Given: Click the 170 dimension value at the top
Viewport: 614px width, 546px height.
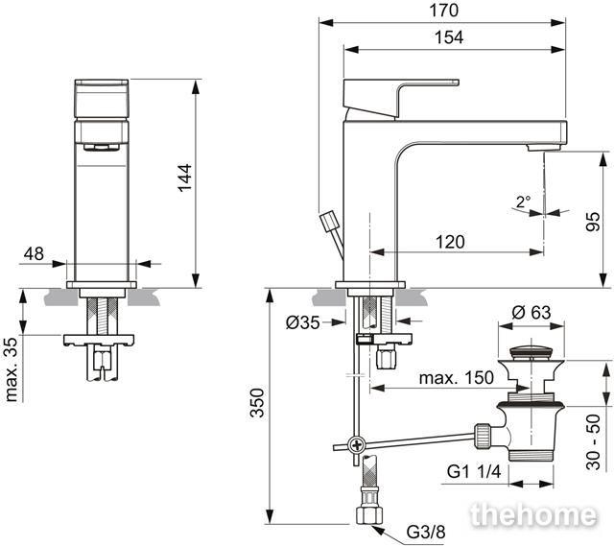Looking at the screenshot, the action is click(443, 11).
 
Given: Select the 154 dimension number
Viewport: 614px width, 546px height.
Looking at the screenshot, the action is click(449, 37).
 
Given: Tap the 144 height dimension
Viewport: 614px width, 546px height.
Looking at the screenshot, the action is click(185, 178).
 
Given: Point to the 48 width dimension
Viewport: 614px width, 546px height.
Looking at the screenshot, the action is click(34, 253).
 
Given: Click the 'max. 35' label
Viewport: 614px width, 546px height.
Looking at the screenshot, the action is click(12, 369).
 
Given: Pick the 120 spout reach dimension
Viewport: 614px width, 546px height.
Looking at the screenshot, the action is click(450, 242).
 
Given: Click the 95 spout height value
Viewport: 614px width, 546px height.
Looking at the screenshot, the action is click(593, 222).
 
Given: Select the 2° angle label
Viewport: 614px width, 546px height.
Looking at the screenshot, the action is click(523, 202).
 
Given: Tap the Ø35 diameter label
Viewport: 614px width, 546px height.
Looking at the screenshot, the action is click(303, 322).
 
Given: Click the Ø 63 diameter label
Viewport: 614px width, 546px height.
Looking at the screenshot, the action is click(531, 313).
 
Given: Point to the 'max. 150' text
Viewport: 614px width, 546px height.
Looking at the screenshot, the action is click(457, 378).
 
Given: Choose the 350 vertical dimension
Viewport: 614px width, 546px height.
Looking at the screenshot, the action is click(257, 403).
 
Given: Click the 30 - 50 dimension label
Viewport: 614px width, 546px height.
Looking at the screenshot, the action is click(593, 441).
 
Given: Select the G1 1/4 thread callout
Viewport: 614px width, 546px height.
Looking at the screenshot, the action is click(474, 471).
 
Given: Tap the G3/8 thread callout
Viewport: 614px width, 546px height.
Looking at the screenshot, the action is click(426, 532).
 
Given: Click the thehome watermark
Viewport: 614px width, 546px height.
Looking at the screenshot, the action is click(533, 514).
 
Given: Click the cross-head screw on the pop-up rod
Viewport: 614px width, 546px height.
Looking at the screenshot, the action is click(357, 445).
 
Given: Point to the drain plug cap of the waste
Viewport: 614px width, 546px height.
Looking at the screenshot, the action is click(531, 350).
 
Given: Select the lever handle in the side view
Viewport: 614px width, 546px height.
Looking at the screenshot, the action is click(400, 98).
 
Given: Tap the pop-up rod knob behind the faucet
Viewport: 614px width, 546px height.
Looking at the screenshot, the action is click(330, 221).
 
